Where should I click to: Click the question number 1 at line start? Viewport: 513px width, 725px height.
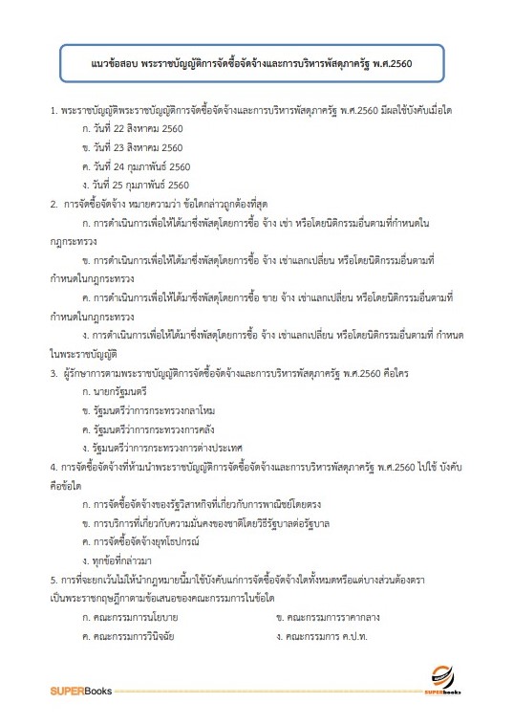53,112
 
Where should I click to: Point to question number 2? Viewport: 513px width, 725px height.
53,204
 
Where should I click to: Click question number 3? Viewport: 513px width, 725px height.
53,374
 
